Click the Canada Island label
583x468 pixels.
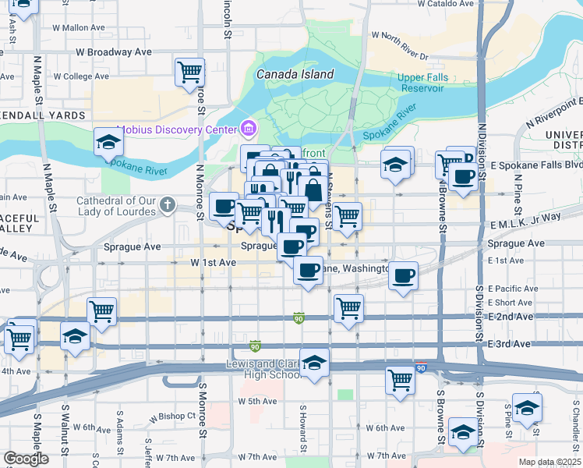pos(295,75)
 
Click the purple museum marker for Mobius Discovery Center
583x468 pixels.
pos(249,128)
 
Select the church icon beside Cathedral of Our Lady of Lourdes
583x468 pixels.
pos(166,205)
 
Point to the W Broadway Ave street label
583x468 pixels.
pos(113,52)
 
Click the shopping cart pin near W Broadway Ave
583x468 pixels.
pos(189,72)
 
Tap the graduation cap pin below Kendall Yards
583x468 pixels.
pos(108,143)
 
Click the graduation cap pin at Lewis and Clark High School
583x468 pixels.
pos(314,364)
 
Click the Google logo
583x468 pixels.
pos(26,459)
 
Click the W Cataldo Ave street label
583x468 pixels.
pos(446,4)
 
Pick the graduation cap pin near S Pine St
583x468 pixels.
pos(527,408)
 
